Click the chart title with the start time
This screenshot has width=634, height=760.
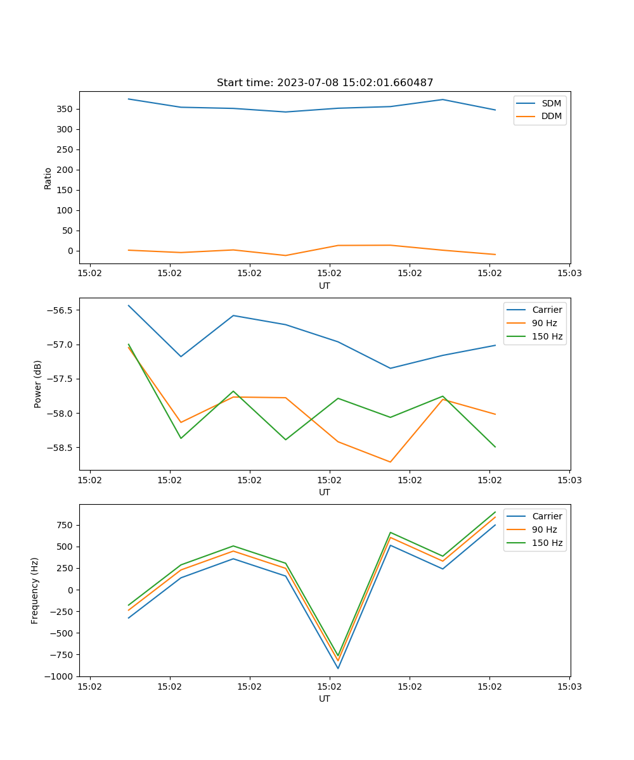pyautogui.click(x=325, y=83)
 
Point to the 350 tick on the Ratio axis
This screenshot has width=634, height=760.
pyautogui.click(x=65, y=109)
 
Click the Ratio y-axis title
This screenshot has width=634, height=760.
pyautogui.click(x=48, y=177)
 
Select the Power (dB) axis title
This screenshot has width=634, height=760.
pyautogui.click(x=38, y=384)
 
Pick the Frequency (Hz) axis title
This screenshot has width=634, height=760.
pyautogui.click(x=35, y=590)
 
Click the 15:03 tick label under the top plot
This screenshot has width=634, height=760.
pyautogui.click(x=569, y=274)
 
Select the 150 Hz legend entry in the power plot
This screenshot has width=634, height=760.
pyautogui.click(x=547, y=336)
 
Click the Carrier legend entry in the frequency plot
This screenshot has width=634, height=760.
pyautogui.click(x=547, y=516)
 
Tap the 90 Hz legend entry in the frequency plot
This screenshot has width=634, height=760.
pyautogui.click(x=544, y=529)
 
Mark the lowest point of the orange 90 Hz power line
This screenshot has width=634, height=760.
pyautogui.click(x=391, y=462)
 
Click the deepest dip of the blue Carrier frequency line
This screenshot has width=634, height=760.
pyautogui.click(x=338, y=668)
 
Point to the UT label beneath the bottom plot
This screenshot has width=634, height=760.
pyautogui.click(x=325, y=699)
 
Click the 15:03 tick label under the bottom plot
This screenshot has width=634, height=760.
pyautogui.click(x=569, y=687)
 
